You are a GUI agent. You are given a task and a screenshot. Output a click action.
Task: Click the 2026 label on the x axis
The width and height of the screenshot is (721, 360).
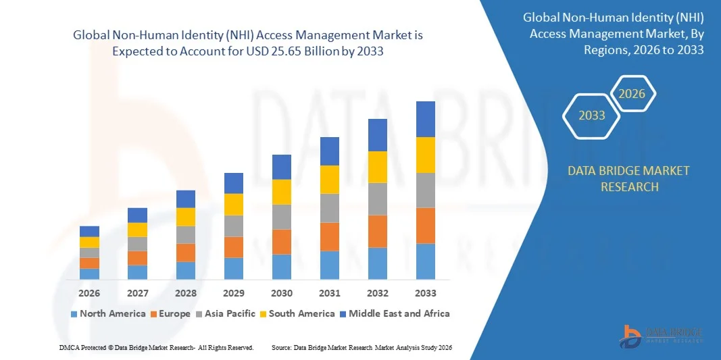[x=89, y=293]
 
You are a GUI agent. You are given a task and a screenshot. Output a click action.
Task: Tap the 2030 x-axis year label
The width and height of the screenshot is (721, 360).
[x=282, y=293]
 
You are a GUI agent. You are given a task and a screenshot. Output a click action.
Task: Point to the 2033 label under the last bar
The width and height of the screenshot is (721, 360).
[x=426, y=293]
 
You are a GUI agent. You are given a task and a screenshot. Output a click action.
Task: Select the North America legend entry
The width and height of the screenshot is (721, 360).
[x=107, y=313]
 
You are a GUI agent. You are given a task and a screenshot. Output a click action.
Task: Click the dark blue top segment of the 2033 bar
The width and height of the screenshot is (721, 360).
[x=426, y=119]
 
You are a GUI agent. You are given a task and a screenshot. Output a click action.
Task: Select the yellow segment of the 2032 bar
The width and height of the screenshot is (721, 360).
[x=378, y=167]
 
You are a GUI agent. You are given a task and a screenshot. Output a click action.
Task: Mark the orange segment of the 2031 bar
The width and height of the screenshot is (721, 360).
[x=330, y=236]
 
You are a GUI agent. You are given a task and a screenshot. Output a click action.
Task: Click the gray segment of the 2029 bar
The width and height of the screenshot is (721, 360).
[x=234, y=226]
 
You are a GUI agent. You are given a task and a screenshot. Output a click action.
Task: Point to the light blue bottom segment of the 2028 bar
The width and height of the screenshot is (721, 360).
[x=186, y=270]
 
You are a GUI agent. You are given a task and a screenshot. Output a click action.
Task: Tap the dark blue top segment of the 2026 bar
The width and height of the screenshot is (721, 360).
[x=89, y=231]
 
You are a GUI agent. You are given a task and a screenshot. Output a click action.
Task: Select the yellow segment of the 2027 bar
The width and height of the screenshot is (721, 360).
[x=137, y=230]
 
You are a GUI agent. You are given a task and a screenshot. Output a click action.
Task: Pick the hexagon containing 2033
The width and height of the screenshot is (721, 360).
[x=592, y=115]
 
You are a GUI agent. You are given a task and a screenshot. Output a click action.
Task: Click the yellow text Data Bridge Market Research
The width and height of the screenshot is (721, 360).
[x=629, y=178]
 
